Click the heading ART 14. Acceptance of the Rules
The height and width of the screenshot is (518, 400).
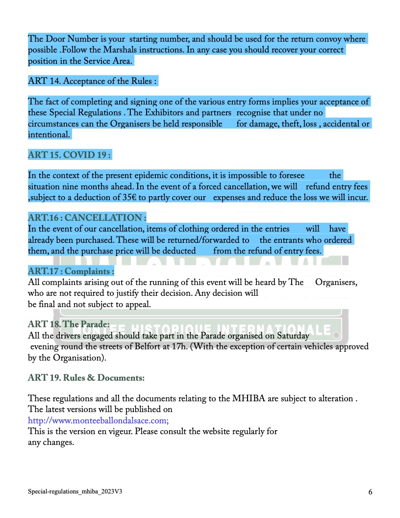click(93, 81)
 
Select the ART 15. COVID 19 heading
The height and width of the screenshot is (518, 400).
click(70, 155)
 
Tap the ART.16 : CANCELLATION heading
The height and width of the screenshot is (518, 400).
click(87, 217)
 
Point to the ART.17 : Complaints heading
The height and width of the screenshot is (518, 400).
click(71, 271)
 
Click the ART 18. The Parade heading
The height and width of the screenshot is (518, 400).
click(69, 324)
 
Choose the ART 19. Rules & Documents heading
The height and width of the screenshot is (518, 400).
click(86, 378)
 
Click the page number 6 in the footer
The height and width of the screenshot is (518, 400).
click(370, 492)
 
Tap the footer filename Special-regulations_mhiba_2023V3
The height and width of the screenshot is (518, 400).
click(78, 491)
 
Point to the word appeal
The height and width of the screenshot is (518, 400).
click(138, 304)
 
